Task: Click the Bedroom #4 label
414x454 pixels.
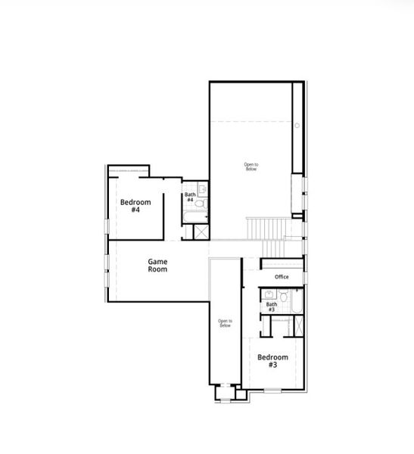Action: [135, 206]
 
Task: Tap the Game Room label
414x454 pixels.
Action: [157, 265]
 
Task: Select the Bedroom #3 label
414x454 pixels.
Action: [272, 361]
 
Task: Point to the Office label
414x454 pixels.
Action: [282, 277]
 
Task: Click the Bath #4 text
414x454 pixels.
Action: [190, 197]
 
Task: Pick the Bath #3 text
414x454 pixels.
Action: [270, 307]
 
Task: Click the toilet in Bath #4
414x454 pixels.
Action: [201, 205]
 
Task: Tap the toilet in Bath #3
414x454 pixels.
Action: [283, 306]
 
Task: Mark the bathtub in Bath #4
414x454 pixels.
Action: [195, 219]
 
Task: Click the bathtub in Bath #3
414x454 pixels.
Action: [297, 301]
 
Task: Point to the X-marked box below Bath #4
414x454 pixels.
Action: [201, 232]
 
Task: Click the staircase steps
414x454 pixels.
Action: [267, 228]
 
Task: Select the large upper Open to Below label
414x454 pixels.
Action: [251, 166]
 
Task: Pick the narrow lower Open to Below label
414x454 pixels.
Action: [225, 323]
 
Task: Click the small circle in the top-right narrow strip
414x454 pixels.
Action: [297, 125]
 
